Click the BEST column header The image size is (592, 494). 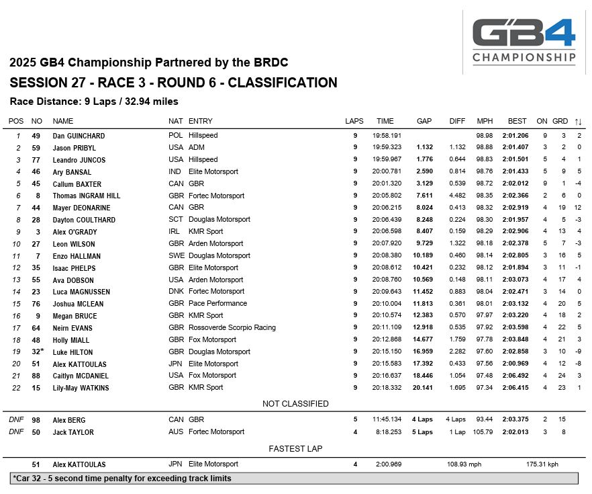(517, 121)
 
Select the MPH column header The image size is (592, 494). (484, 121)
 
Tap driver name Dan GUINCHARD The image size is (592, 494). (79, 136)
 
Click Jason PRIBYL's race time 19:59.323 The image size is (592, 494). (387, 147)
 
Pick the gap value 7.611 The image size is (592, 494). (424, 196)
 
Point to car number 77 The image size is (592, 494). (37, 159)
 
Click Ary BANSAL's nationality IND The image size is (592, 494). (175, 171)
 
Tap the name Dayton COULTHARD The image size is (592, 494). (84, 220)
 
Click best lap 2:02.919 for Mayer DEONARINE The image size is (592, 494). (516, 208)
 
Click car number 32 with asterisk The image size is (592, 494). (38, 352)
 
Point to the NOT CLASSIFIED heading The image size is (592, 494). (295, 404)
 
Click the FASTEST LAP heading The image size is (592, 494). (295, 448)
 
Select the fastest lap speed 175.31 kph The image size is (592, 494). (542, 464)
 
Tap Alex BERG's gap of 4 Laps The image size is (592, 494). (422, 419)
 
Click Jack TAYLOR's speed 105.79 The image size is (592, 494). (484, 431)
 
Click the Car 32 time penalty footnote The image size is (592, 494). (122, 479)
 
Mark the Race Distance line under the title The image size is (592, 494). (94, 101)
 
